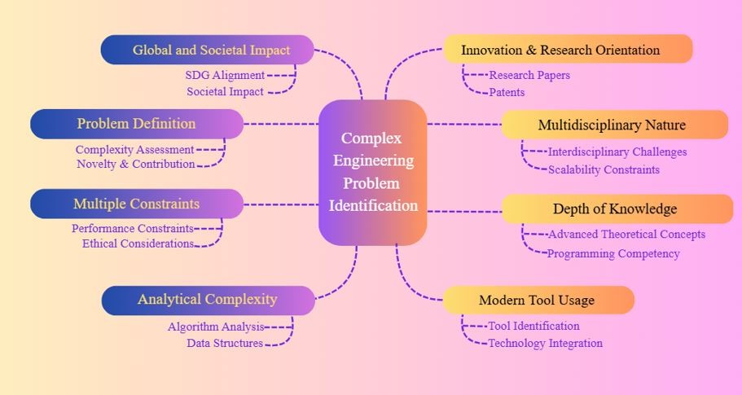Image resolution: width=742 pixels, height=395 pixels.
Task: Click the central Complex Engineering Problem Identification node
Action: coord(373,172)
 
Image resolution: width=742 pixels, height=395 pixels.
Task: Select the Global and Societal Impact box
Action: coord(208,50)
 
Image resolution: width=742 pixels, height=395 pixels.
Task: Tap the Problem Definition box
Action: coord(137,124)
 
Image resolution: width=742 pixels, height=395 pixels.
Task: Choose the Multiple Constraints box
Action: coord(137,204)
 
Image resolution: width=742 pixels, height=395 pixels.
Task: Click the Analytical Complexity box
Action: coord(208,300)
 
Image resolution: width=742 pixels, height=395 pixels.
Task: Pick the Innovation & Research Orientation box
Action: coord(568,50)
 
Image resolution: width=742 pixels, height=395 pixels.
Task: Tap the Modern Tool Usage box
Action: coord(538,300)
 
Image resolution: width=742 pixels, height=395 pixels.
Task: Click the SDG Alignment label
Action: coord(225,75)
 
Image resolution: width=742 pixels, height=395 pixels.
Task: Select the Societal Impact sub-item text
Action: coord(225,92)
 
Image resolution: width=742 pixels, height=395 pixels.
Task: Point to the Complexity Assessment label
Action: coord(134,150)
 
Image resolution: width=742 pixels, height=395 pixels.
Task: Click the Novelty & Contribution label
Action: coord(136,164)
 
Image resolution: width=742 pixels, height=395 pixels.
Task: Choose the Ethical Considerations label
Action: coord(138,243)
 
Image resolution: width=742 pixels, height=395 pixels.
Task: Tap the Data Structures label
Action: coord(225,343)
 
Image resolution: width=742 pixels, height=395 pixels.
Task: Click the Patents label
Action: coord(507,92)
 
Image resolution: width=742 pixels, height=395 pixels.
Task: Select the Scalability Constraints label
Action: coord(604,169)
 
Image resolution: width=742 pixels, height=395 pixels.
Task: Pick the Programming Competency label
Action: coord(613,253)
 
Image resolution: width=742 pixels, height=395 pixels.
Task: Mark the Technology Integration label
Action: coord(545,343)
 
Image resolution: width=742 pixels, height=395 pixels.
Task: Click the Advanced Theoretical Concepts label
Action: coord(626,235)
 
